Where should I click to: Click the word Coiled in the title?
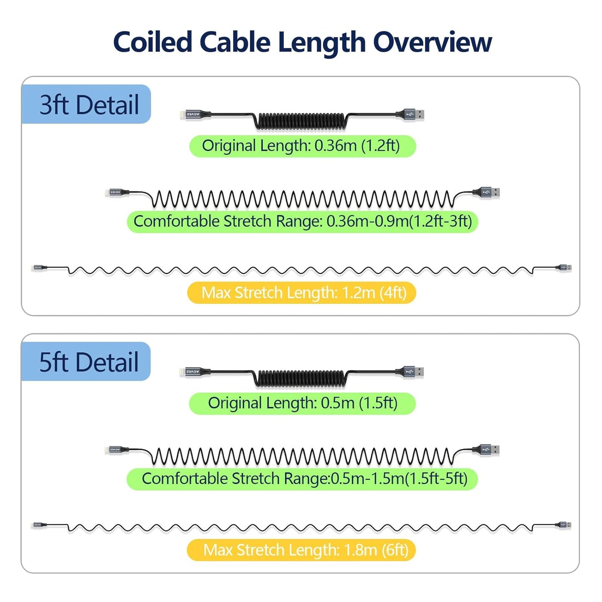[x=152, y=42]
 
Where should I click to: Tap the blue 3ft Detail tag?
[x=86, y=104]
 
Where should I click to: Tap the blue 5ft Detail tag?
[x=86, y=362]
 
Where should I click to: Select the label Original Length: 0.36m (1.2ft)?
[x=302, y=146]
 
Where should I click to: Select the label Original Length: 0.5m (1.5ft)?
[x=302, y=403]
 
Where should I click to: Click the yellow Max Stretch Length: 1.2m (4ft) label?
[x=302, y=293]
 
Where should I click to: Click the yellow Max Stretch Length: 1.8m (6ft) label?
[x=302, y=550]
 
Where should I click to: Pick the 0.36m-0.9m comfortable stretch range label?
[x=302, y=222]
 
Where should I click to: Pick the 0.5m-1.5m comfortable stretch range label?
[x=302, y=479]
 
